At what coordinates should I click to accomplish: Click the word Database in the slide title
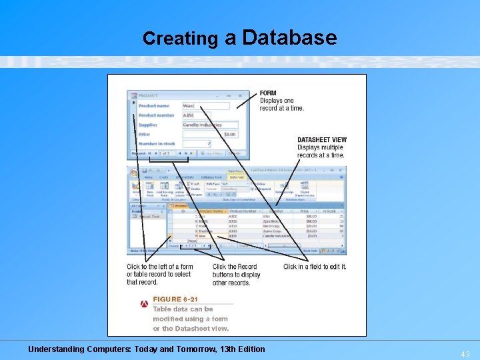tap(290, 37)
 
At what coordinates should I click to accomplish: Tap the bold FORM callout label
tap(268, 93)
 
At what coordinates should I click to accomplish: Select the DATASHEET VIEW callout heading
tap(322, 140)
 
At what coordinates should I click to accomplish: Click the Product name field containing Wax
tap(206, 105)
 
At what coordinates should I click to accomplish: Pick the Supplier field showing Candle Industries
tap(210, 125)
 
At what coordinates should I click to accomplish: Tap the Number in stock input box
tap(197, 143)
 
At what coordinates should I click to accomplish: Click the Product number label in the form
tap(156, 115)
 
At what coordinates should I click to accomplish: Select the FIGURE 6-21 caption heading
tap(175, 299)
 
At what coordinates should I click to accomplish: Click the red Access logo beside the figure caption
tap(144, 304)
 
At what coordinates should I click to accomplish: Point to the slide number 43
tap(464, 355)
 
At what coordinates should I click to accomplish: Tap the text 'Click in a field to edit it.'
tap(315, 267)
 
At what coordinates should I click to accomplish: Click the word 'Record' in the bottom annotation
tap(247, 267)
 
